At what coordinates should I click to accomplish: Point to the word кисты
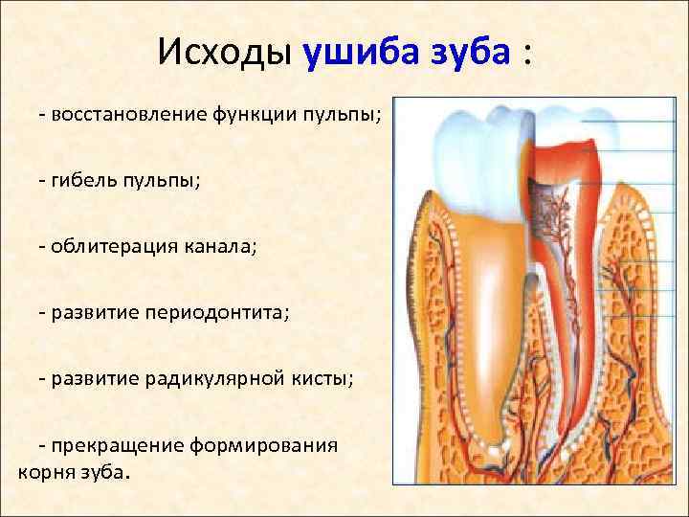point(323,378)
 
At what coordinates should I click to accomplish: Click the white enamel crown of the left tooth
point(469,153)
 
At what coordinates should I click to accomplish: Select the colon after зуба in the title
point(526,55)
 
